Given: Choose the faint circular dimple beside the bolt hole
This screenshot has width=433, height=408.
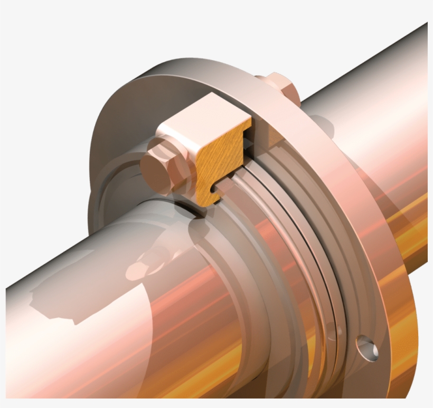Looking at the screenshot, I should click(331, 334).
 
